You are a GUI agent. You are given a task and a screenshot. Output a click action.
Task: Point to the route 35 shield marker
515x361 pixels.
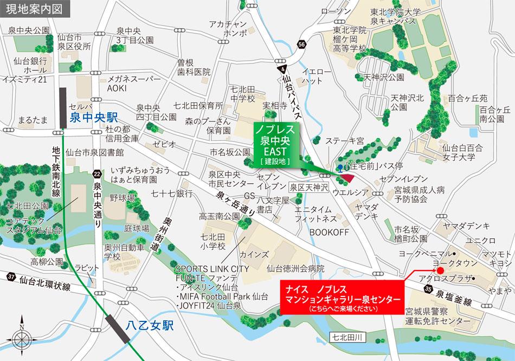[x=429, y=290]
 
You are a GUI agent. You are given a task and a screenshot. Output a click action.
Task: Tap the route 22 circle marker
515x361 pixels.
[x=97, y=173]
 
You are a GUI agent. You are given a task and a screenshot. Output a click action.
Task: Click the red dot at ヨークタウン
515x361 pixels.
[x=440, y=270]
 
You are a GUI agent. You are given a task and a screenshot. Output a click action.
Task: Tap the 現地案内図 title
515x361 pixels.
[x=31, y=9]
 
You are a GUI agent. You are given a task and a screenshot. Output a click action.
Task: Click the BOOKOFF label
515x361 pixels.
[x=327, y=231]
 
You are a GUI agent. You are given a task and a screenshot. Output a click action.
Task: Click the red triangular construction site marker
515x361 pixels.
[x=346, y=178]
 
